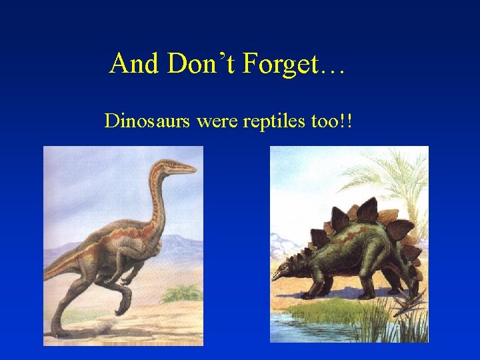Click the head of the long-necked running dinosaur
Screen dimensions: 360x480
point(176,165)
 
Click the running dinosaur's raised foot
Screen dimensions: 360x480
point(124,306)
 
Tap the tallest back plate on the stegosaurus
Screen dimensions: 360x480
point(367,211)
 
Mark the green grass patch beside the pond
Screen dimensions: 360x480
point(333,309)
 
